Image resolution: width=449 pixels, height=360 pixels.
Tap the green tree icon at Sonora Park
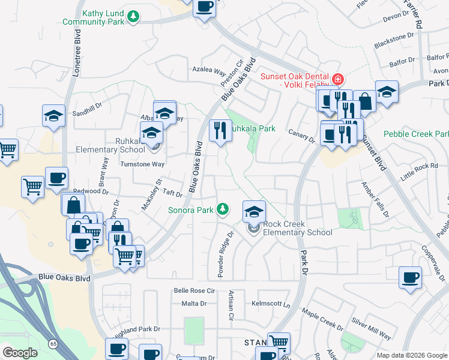(x=223, y=208)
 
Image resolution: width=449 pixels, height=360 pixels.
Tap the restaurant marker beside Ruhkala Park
(x=220, y=130)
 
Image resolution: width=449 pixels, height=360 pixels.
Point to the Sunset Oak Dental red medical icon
(x=338, y=79)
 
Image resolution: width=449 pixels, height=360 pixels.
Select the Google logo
(x=20, y=352)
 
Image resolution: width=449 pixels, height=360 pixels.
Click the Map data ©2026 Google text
(x=412, y=355)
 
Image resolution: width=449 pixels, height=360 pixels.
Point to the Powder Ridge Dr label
(x=224, y=254)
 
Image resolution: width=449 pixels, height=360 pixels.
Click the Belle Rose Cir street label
(x=194, y=290)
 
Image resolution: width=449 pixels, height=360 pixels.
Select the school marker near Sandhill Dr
(x=53, y=116)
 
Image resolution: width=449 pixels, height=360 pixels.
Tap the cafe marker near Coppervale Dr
(x=411, y=278)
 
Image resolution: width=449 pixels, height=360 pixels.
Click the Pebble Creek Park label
(x=417, y=133)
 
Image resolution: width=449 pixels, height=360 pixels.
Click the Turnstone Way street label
(x=142, y=164)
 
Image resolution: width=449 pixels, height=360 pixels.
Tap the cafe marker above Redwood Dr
(x=57, y=178)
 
